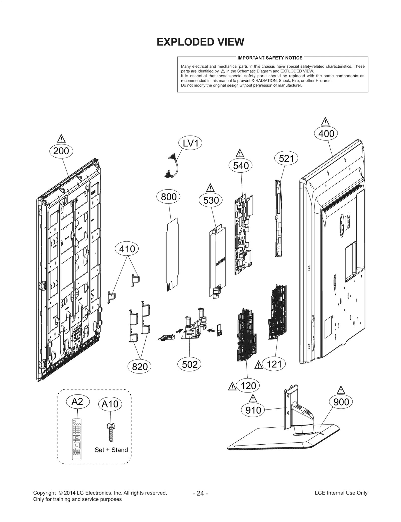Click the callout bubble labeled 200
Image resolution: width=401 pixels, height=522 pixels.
[x=61, y=151]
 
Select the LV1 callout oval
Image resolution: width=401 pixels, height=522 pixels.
[x=190, y=143]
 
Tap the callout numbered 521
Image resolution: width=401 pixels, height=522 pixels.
[x=286, y=158]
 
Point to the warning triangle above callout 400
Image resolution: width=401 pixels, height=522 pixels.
[x=325, y=122]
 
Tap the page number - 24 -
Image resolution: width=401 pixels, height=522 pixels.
[x=200, y=493]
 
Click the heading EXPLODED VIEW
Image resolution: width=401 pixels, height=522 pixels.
[x=200, y=42]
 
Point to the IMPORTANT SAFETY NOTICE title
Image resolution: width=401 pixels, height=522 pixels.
[x=270, y=58]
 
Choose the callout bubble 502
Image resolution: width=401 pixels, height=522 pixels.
[x=189, y=364]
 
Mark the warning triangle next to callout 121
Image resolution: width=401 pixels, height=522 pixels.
[x=258, y=365]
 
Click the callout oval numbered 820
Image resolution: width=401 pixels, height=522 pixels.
[x=140, y=367]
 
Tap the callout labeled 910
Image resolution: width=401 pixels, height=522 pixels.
[x=253, y=410]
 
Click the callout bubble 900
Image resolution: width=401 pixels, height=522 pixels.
[x=341, y=402]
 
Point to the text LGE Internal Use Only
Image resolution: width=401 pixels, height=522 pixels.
[x=341, y=493]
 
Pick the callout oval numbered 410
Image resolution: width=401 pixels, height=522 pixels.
[x=127, y=249]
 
